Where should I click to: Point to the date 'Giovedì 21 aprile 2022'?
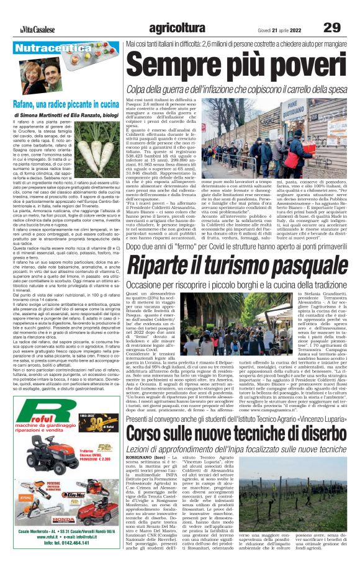pos(283,29)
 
